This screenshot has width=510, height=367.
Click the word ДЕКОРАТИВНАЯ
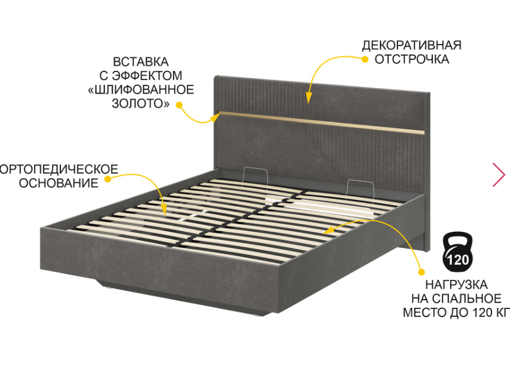pos(411,45)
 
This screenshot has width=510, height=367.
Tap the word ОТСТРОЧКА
pos(412,59)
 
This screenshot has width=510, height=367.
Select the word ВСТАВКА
pos(140,62)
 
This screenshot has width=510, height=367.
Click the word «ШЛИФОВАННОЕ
pos(141,89)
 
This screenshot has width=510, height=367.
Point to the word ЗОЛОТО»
pos(140,103)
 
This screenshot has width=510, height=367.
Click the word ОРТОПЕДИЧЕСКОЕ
pos(59,170)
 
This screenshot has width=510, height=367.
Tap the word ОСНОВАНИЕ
pos(59,183)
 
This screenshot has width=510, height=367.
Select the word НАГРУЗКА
pos(457,285)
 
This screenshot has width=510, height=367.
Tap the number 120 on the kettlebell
pos(458,260)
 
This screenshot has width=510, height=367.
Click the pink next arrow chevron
pos(499,175)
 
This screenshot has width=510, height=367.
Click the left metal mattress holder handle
pos(255,176)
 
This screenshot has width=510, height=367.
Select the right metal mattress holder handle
pos(360,189)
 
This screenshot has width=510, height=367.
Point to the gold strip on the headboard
pos(321,123)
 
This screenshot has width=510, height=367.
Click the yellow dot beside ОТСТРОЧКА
pos(365,59)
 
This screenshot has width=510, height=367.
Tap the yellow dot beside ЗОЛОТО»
pos(179,105)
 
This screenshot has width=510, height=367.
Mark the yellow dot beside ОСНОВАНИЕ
pos(108,179)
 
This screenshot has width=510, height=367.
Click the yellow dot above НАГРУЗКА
pos(422,272)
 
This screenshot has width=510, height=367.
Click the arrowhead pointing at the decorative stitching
pos(308,98)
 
